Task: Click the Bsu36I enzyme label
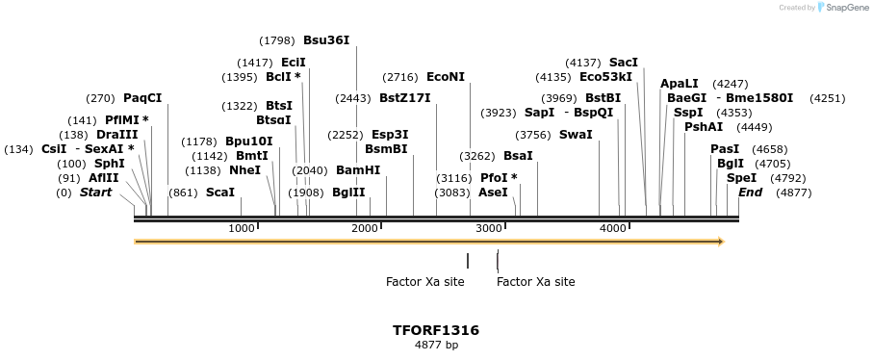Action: (x=326, y=40)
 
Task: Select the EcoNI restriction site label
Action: (x=446, y=77)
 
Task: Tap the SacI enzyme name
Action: (x=624, y=63)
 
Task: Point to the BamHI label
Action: (x=358, y=170)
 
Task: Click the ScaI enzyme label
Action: (x=220, y=193)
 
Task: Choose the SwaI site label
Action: (x=576, y=135)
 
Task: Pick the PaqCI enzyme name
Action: (x=142, y=98)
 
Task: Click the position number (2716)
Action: (x=400, y=77)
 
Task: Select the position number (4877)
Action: (x=793, y=193)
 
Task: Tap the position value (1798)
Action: (x=277, y=40)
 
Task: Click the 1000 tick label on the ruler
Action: (x=242, y=228)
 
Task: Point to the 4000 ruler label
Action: (x=613, y=228)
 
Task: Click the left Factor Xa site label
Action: (x=424, y=282)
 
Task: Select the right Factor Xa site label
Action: (x=536, y=282)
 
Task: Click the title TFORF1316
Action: (x=436, y=330)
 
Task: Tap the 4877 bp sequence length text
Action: (x=436, y=344)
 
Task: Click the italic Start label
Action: (x=95, y=193)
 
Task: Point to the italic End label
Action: (x=750, y=193)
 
